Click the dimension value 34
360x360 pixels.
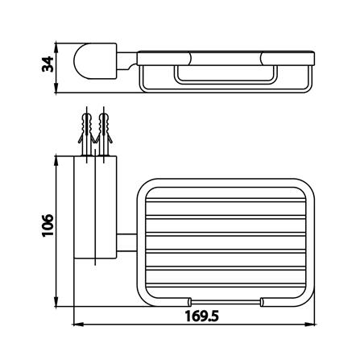(x=48, y=64)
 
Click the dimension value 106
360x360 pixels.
(x=48, y=225)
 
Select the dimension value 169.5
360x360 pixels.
(x=201, y=317)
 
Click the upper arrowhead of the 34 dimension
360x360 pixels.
(x=56, y=47)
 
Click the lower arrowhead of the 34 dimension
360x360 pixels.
(x=56, y=89)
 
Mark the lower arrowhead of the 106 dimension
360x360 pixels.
(x=56, y=301)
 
